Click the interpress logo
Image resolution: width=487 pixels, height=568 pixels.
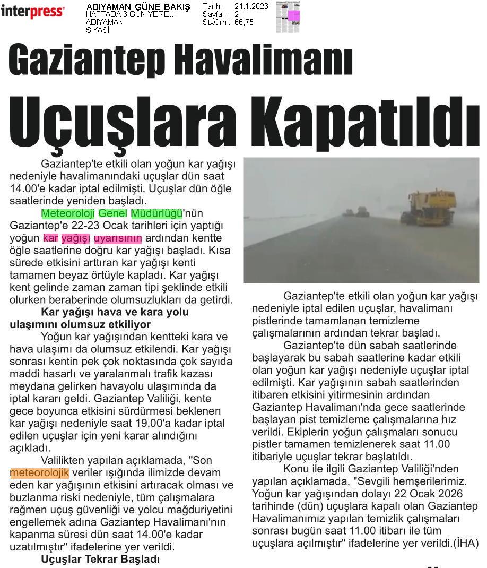(x=32, y=12)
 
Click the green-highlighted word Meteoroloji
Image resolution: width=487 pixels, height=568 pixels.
(x=68, y=213)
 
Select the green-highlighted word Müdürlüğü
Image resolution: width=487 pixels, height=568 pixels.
(x=156, y=213)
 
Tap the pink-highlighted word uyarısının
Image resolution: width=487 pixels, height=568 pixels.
(x=118, y=238)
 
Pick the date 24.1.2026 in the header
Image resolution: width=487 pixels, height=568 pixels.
(x=251, y=6)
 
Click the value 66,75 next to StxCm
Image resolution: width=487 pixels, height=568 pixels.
(x=243, y=22)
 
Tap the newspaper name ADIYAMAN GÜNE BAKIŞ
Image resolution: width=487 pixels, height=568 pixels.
(x=138, y=7)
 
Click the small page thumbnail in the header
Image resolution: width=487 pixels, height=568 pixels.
(x=288, y=17)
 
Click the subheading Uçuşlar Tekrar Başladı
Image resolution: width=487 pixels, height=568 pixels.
(x=100, y=559)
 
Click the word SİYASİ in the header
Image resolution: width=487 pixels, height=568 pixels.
(x=98, y=30)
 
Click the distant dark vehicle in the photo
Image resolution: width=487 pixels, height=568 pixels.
(x=361, y=212)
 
